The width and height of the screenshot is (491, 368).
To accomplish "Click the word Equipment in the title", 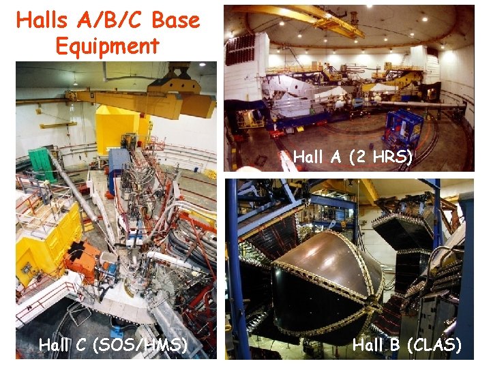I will pyautogui.click(x=107, y=46).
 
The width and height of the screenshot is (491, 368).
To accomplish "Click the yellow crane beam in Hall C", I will pyautogui.click(x=136, y=102).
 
